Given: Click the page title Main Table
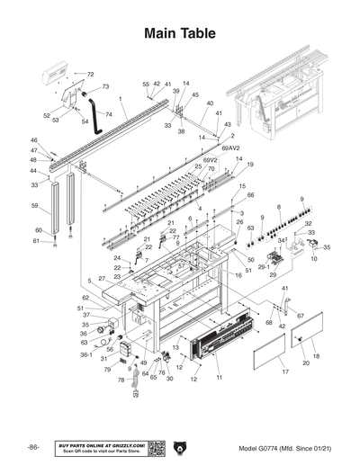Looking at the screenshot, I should pyautogui.click(x=179, y=34).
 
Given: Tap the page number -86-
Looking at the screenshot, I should pyautogui.click(x=32, y=448).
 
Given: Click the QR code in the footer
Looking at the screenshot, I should pyautogui.click(x=156, y=448).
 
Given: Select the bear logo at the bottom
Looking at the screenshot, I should pyautogui.click(x=180, y=448).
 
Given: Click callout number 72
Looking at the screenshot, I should pyautogui.click(x=90, y=74).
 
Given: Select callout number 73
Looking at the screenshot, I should pyautogui.click(x=105, y=86).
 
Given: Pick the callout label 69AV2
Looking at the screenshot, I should pyautogui.click(x=231, y=145).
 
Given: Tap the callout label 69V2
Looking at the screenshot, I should pyautogui.click(x=210, y=160).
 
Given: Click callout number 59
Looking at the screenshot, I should pyautogui.click(x=35, y=206).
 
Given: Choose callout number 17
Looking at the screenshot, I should pyautogui.click(x=283, y=371).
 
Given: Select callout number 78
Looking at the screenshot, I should pyautogui.click(x=120, y=380).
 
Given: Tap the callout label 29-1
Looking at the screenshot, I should pyautogui.click(x=264, y=266).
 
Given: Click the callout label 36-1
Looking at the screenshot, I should pyautogui.click(x=86, y=354).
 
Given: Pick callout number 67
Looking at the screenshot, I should pyautogui.click(x=301, y=316).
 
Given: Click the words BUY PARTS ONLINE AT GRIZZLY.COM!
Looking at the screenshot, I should pyautogui.click(x=101, y=444).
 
